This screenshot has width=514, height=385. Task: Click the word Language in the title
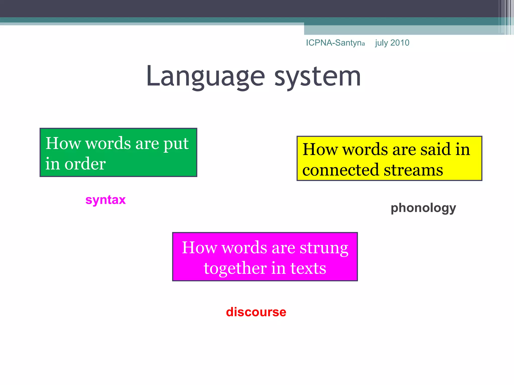(205, 76)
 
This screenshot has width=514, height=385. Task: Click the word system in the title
(317, 76)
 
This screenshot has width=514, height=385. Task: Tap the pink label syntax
(105, 200)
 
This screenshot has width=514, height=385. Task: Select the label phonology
(423, 208)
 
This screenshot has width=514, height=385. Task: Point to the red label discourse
(256, 312)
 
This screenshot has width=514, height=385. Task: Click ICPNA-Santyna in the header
(335, 43)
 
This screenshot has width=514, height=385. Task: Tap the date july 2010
(392, 43)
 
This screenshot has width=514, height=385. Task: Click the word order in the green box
(85, 164)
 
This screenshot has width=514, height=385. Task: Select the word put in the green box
(176, 144)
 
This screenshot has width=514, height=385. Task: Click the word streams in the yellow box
(413, 170)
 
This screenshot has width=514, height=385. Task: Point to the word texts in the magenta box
(308, 268)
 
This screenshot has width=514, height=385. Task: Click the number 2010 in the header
(400, 43)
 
